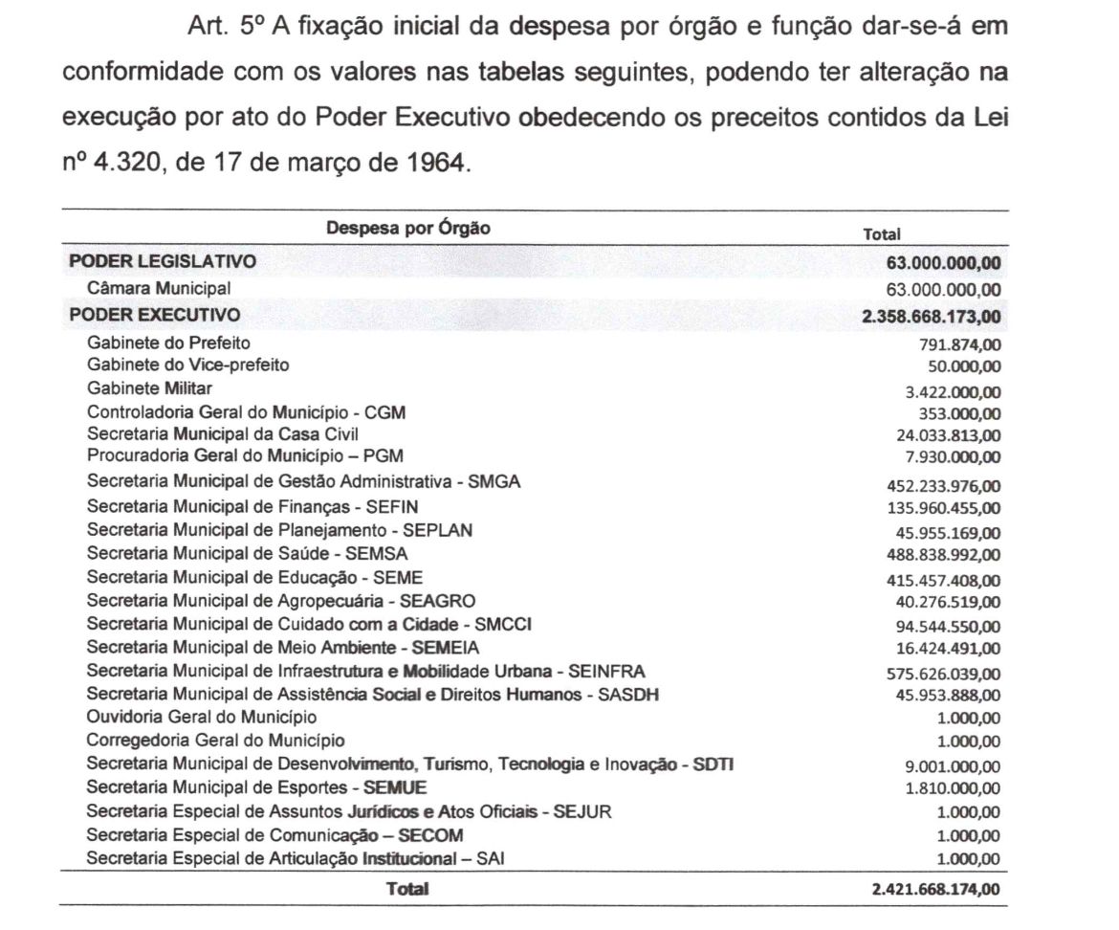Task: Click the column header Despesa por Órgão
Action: [408, 228]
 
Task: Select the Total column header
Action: [882, 232]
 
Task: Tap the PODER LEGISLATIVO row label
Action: [162, 261]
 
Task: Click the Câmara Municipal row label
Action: [159, 287]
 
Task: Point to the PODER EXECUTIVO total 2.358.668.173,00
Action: [932, 317]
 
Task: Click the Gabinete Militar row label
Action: [149, 388]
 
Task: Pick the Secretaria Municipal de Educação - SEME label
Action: [254, 577]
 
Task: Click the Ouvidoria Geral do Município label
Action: [202, 717]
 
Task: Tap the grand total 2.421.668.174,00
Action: [936, 890]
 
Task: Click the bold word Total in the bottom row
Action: [407, 889]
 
